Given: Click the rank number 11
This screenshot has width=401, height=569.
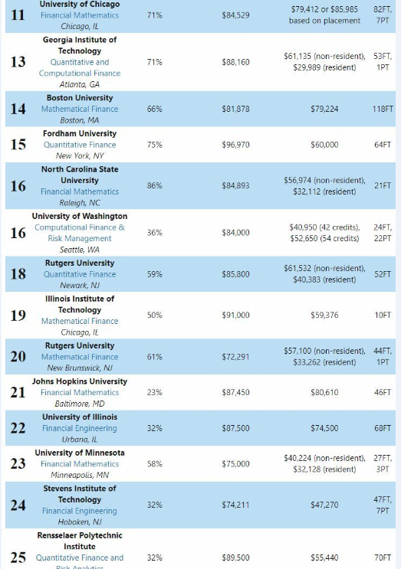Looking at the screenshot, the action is click(18, 15).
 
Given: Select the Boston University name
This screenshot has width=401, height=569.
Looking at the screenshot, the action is click(80, 97).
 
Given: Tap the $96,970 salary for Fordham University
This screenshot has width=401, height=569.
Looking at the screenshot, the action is click(235, 145).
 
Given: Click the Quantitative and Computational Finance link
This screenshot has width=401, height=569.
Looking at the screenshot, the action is click(80, 67).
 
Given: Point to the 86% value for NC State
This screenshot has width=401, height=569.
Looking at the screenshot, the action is click(154, 186).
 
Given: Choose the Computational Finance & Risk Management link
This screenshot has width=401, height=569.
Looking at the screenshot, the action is click(80, 233).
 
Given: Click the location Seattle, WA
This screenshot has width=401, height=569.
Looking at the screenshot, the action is click(80, 250).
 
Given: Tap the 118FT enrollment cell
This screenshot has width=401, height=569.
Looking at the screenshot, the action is click(383, 109).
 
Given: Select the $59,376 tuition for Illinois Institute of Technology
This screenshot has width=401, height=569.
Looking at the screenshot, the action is click(324, 315).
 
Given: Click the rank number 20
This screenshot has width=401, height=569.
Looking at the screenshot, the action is click(18, 356).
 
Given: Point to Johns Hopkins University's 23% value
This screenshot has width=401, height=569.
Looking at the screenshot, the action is click(154, 392).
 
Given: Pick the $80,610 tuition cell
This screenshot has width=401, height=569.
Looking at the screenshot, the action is click(324, 392).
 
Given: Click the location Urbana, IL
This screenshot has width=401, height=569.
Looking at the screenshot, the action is click(80, 440).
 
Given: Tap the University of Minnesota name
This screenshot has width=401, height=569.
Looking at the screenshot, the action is click(80, 453).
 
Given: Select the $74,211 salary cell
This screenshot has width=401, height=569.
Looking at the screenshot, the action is click(235, 505).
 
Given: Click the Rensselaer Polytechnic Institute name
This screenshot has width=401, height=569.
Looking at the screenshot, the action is click(80, 541).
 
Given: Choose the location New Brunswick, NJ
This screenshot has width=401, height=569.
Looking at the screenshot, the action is click(80, 368).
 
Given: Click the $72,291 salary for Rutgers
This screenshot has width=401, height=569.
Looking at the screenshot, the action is click(235, 357).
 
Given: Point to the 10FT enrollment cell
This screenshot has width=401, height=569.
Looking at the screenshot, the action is click(383, 315).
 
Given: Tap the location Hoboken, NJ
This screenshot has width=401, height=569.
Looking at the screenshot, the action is click(80, 522).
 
